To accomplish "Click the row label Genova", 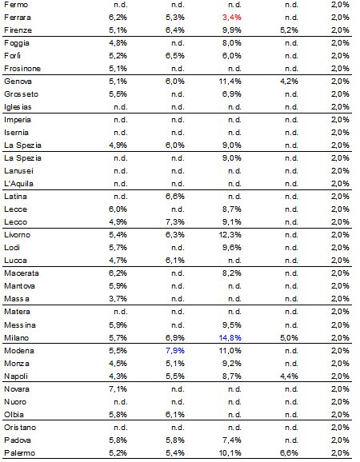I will point(18,82).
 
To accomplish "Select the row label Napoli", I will point(17,376).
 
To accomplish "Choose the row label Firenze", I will point(18,30).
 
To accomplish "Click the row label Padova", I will point(18,440).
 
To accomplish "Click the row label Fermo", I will point(17,5).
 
